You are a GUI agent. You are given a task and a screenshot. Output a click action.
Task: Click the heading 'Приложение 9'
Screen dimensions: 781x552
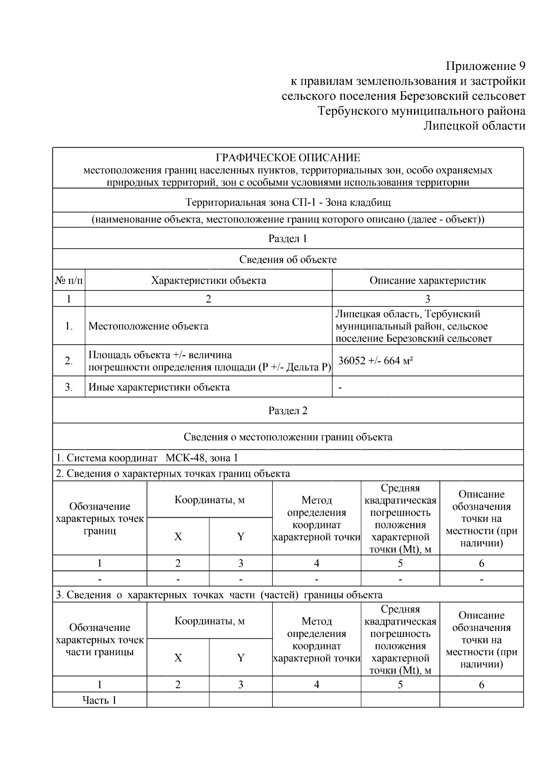[486, 66]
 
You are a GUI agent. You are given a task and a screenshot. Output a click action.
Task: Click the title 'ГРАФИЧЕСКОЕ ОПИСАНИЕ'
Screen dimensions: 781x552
[288, 158]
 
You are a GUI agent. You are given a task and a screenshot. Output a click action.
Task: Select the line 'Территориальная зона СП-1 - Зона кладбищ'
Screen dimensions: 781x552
[288, 202]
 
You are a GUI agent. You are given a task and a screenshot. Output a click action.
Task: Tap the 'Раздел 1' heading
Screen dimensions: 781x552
[288, 238]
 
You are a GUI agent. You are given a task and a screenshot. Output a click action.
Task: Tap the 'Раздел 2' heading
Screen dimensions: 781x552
[288, 411]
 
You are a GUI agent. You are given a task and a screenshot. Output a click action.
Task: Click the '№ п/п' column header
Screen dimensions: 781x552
[69, 280]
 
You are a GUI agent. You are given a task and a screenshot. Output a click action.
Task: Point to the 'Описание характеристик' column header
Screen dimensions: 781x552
[427, 280]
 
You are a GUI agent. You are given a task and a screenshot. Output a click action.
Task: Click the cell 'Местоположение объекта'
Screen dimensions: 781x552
[148, 326]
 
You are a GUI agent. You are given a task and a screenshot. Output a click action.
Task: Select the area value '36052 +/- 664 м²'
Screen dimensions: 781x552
[375, 361]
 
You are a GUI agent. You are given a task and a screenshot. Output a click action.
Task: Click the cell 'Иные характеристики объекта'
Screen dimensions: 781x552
[159, 387]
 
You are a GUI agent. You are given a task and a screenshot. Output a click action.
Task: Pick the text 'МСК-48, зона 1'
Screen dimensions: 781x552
[201, 458]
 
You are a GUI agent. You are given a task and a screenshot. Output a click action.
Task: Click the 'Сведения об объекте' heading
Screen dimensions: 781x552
[288, 260]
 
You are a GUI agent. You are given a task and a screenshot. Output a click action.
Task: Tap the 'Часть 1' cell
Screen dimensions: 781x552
[99, 700]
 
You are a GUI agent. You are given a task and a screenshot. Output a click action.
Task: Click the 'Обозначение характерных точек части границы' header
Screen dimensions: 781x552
[99, 640]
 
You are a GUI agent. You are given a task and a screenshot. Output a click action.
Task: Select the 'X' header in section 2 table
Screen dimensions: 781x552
[178, 537]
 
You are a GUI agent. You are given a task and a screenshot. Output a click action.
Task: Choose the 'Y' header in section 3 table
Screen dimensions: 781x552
[241, 658]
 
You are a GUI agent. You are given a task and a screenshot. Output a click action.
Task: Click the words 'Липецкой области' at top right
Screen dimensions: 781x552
[474, 126]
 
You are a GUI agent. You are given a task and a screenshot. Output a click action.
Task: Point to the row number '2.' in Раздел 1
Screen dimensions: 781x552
[69, 361]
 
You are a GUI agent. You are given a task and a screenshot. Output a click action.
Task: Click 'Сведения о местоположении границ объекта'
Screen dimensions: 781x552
[288, 437]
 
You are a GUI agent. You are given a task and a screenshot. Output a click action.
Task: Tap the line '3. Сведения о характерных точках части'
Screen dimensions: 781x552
[219, 595]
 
